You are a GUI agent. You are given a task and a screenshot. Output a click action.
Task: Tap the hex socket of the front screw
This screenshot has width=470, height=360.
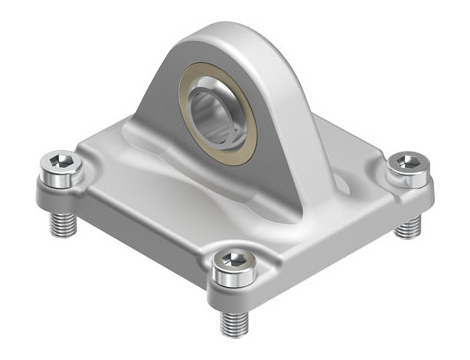[x=232, y=261]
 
